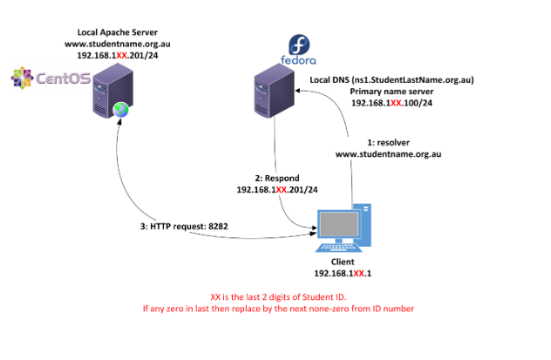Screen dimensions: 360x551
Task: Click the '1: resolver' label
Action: (x=384, y=141)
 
